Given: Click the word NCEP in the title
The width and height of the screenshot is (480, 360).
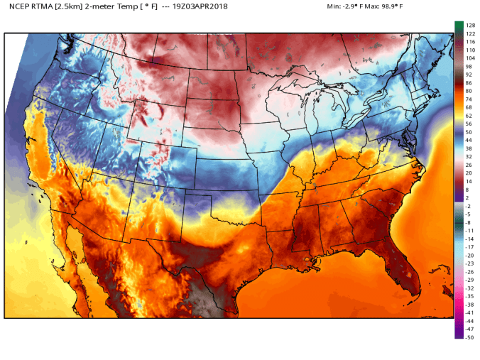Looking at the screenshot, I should click(20, 6).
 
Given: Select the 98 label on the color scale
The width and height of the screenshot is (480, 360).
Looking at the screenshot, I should click(469, 66).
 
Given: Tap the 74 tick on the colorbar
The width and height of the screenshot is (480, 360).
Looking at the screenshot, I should click(469, 99).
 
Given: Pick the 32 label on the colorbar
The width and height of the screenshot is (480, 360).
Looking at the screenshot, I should click(469, 156).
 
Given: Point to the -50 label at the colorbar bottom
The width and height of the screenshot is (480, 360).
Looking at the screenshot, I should click(469, 337).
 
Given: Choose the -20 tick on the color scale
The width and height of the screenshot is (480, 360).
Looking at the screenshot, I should click(469, 255).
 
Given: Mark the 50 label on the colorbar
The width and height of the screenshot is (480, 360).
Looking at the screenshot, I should click(469, 132).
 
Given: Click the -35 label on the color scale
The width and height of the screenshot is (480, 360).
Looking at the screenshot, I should click(469, 296).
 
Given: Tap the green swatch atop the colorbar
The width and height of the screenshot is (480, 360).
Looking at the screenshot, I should click(459, 26).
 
